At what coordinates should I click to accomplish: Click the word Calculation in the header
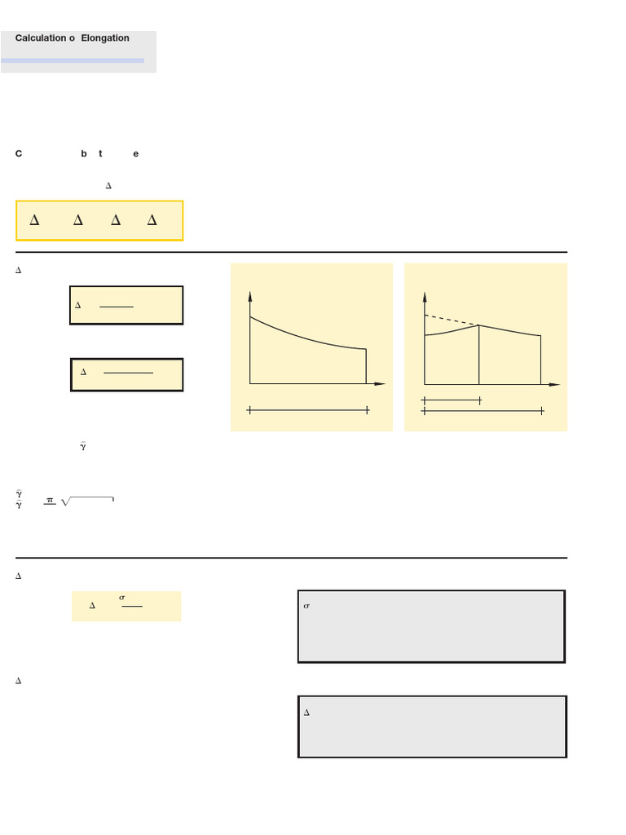(x=40, y=38)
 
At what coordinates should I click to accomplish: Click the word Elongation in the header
(x=105, y=38)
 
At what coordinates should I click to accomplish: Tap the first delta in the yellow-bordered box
(x=34, y=220)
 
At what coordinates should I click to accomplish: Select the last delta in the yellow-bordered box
(x=152, y=220)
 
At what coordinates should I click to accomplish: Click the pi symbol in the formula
(x=50, y=501)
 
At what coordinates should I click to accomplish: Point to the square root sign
(x=66, y=501)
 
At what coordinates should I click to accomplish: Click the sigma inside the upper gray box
(x=306, y=607)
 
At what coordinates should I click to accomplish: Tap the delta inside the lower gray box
(x=306, y=713)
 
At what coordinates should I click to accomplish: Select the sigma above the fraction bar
(x=121, y=598)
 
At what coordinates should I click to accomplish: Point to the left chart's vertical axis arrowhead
(x=250, y=294)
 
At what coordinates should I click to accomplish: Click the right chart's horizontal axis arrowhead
(x=555, y=384)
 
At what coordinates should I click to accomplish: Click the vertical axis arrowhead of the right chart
(x=425, y=295)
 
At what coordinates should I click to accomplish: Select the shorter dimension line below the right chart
(x=452, y=400)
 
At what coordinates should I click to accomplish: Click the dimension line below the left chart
(x=308, y=410)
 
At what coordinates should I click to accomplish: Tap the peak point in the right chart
(x=478, y=325)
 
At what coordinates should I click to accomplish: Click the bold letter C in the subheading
(x=19, y=154)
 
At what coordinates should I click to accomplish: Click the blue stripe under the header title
(x=73, y=60)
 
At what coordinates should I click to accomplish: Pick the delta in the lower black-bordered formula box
(x=83, y=373)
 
